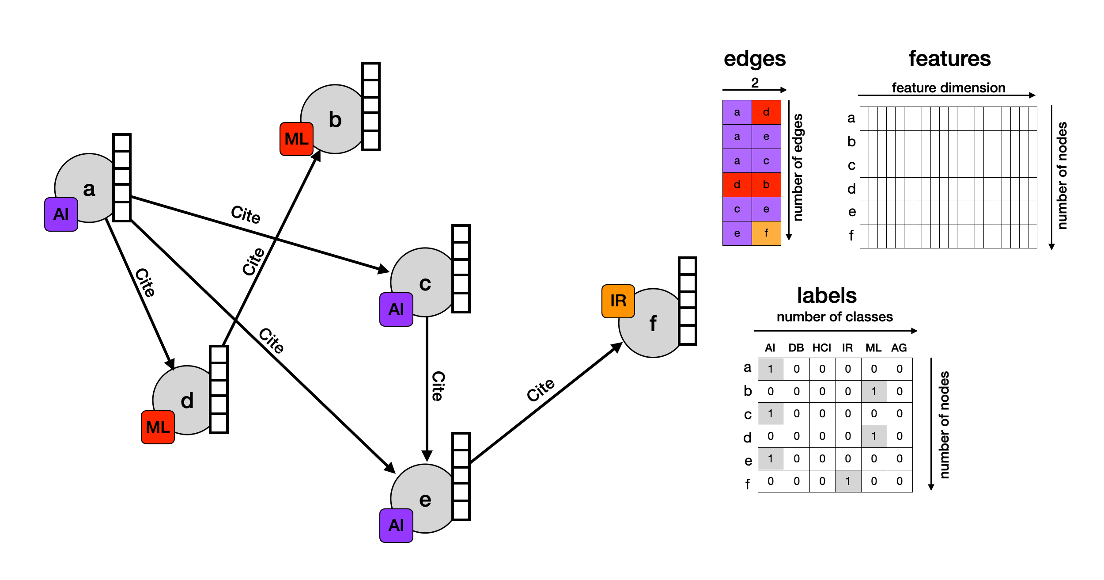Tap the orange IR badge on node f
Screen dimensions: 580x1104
pyautogui.click(x=618, y=301)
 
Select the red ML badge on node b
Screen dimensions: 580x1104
pyautogui.click(x=296, y=139)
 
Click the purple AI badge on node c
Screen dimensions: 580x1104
pyautogui.click(x=396, y=309)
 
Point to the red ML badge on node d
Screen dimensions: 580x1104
pyautogui.click(x=158, y=427)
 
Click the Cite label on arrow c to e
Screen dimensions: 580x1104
pyautogui.click(x=438, y=386)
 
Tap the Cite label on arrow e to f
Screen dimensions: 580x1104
pyautogui.click(x=541, y=390)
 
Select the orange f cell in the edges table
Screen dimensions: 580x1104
pyautogui.click(x=766, y=233)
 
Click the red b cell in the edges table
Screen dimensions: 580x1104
pyautogui.click(x=766, y=185)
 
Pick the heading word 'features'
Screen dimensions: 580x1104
pyautogui.click(x=949, y=58)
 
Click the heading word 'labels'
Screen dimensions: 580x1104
pyautogui.click(x=827, y=295)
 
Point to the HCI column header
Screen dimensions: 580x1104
pyautogui.click(x=821, y=348)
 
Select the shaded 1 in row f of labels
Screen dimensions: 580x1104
pyautogui.click(x=848, y=481)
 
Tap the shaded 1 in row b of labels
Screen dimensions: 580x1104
pyautogui.click(x=873, y=391)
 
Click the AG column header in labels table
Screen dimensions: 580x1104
pyautogui.click(x=899, y=348)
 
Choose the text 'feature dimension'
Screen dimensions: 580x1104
pyautogui.click(x=949, y=88)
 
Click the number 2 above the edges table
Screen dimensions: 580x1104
pyautogui.click(x=755, y=82)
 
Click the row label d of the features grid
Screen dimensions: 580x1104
pyautogui.click(x=851, y=189)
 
